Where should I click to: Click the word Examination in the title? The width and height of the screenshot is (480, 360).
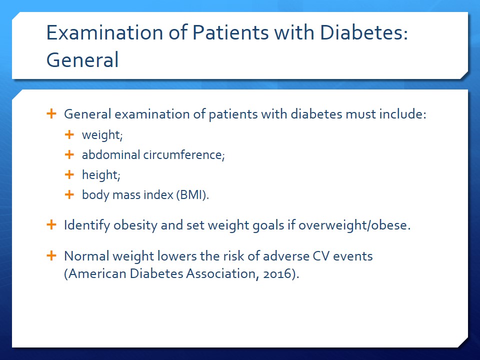(x=104, y=32)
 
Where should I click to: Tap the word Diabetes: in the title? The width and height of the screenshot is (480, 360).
(x=364, y=32)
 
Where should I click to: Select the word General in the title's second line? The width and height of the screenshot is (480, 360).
(x=82, y=59)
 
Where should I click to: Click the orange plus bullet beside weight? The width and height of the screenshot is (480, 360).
(x=69, y=134)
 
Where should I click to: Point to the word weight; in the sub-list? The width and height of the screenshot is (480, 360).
(x=102, y=135)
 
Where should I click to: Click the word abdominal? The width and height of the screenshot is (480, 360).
(x=111, y=154)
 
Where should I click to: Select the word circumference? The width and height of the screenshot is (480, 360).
(x=184, y=154)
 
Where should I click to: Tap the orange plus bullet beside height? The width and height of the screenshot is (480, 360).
(x=69, y=174)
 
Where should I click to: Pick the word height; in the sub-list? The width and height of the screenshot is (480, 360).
(x=101, y=175)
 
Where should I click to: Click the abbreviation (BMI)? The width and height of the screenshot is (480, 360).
(x=192, y=195)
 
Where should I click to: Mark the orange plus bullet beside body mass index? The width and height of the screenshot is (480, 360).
(x=69, y=194)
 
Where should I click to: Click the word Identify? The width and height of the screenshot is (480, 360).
(x=87, y=225)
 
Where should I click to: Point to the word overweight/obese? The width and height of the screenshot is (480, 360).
(x=354, y=225)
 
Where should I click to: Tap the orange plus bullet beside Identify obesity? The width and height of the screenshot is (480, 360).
(x=51, y=224)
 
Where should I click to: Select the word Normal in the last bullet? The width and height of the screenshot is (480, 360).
(x=86, y=256)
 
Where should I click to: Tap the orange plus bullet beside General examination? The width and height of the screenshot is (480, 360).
(x=51, y=113)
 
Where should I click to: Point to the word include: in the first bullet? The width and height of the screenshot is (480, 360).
(x=403, y=114)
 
